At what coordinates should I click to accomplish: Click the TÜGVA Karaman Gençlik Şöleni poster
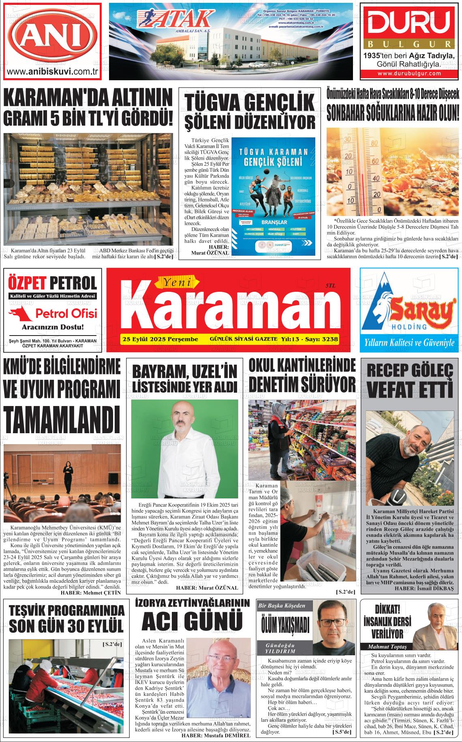pos(274,195)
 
